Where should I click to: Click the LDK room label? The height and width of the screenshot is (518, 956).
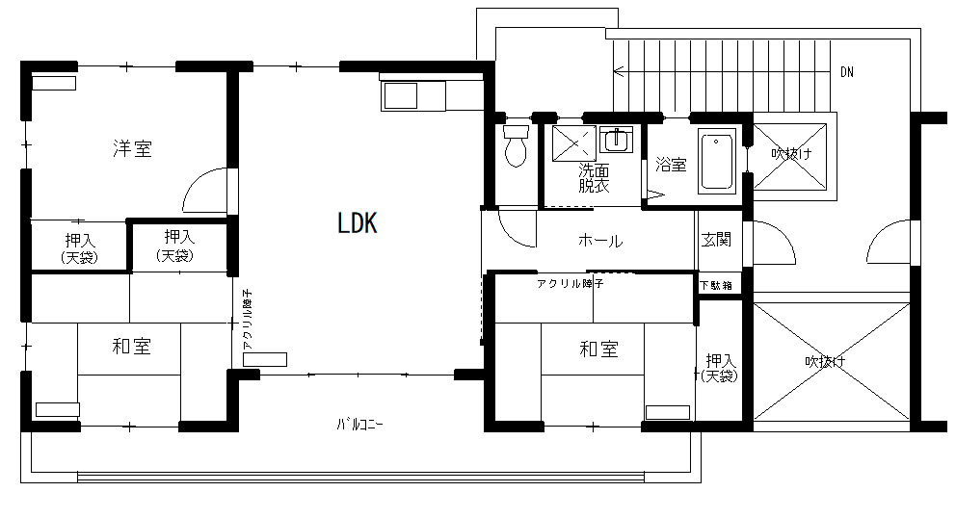pos(358,223)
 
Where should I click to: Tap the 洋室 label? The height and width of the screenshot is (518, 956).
pos(132,148)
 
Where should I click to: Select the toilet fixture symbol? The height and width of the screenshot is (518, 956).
pos(516,145)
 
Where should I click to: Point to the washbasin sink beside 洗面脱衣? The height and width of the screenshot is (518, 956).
pos(616,140)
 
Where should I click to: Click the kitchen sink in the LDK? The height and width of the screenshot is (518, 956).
pos(401,95)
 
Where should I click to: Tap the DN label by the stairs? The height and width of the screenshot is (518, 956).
pos(847,72)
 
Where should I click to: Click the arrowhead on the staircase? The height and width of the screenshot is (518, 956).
pos(619,72)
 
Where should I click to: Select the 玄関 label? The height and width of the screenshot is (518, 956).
pos(716,240)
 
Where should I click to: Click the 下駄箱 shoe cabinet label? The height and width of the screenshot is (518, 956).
pos(716,285)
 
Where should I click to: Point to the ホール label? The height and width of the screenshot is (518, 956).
pos(600,241)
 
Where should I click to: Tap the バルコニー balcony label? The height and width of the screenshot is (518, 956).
pos(359,425)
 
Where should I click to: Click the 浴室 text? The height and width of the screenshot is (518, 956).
pos(672,165)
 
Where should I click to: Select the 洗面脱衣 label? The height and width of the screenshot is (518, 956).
pos(594,178)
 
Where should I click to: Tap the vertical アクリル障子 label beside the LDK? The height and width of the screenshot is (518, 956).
pos(247,320)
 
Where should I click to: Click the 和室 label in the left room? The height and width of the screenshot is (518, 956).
pos(132,347)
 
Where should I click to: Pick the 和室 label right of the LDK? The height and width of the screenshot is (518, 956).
pos(598,350)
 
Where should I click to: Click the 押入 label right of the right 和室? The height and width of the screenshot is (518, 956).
pos(720,368)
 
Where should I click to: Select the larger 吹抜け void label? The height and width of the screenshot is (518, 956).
pos(826,362)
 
